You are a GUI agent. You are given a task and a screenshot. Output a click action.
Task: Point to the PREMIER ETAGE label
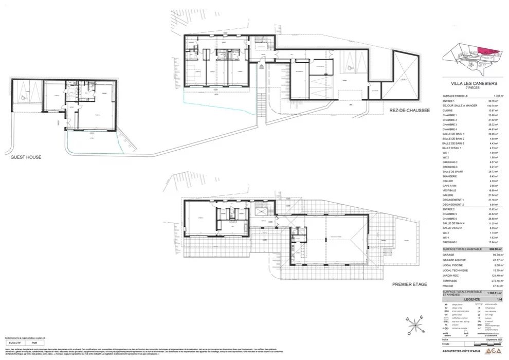click(x=410, y=284)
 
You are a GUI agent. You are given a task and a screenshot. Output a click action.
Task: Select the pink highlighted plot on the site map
click(x=488, y=52)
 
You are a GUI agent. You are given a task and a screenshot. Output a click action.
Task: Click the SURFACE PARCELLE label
click(x=455, y=96)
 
